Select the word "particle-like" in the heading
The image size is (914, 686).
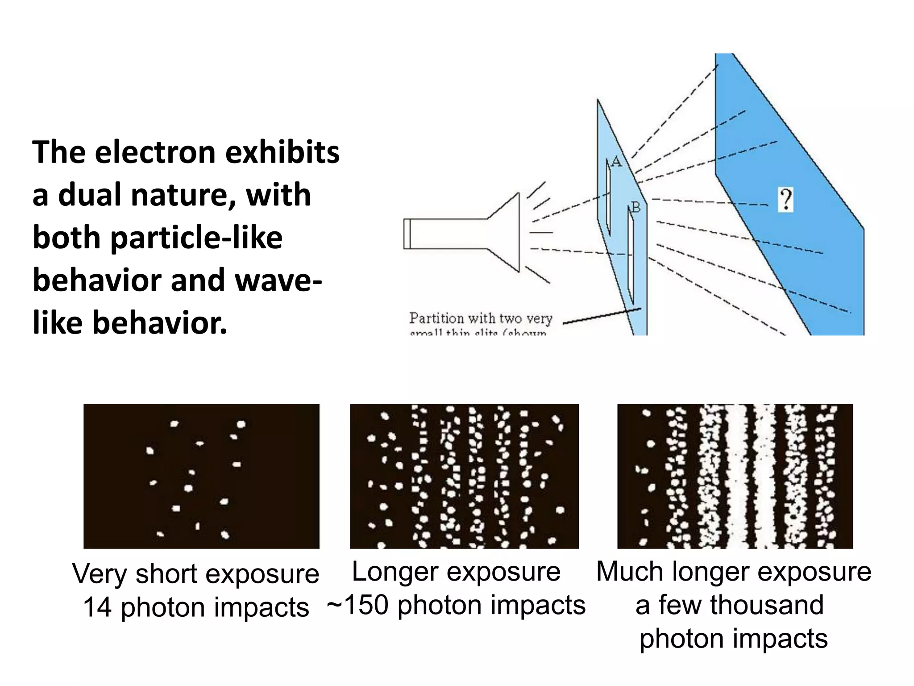196,238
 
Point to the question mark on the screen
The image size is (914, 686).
785,200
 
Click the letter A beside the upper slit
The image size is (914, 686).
616,161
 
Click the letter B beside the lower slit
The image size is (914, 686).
636,208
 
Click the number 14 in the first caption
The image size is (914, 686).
97,607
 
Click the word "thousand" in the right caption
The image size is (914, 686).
767,605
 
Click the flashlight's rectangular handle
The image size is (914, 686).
446,234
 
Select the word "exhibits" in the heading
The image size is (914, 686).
282,152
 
